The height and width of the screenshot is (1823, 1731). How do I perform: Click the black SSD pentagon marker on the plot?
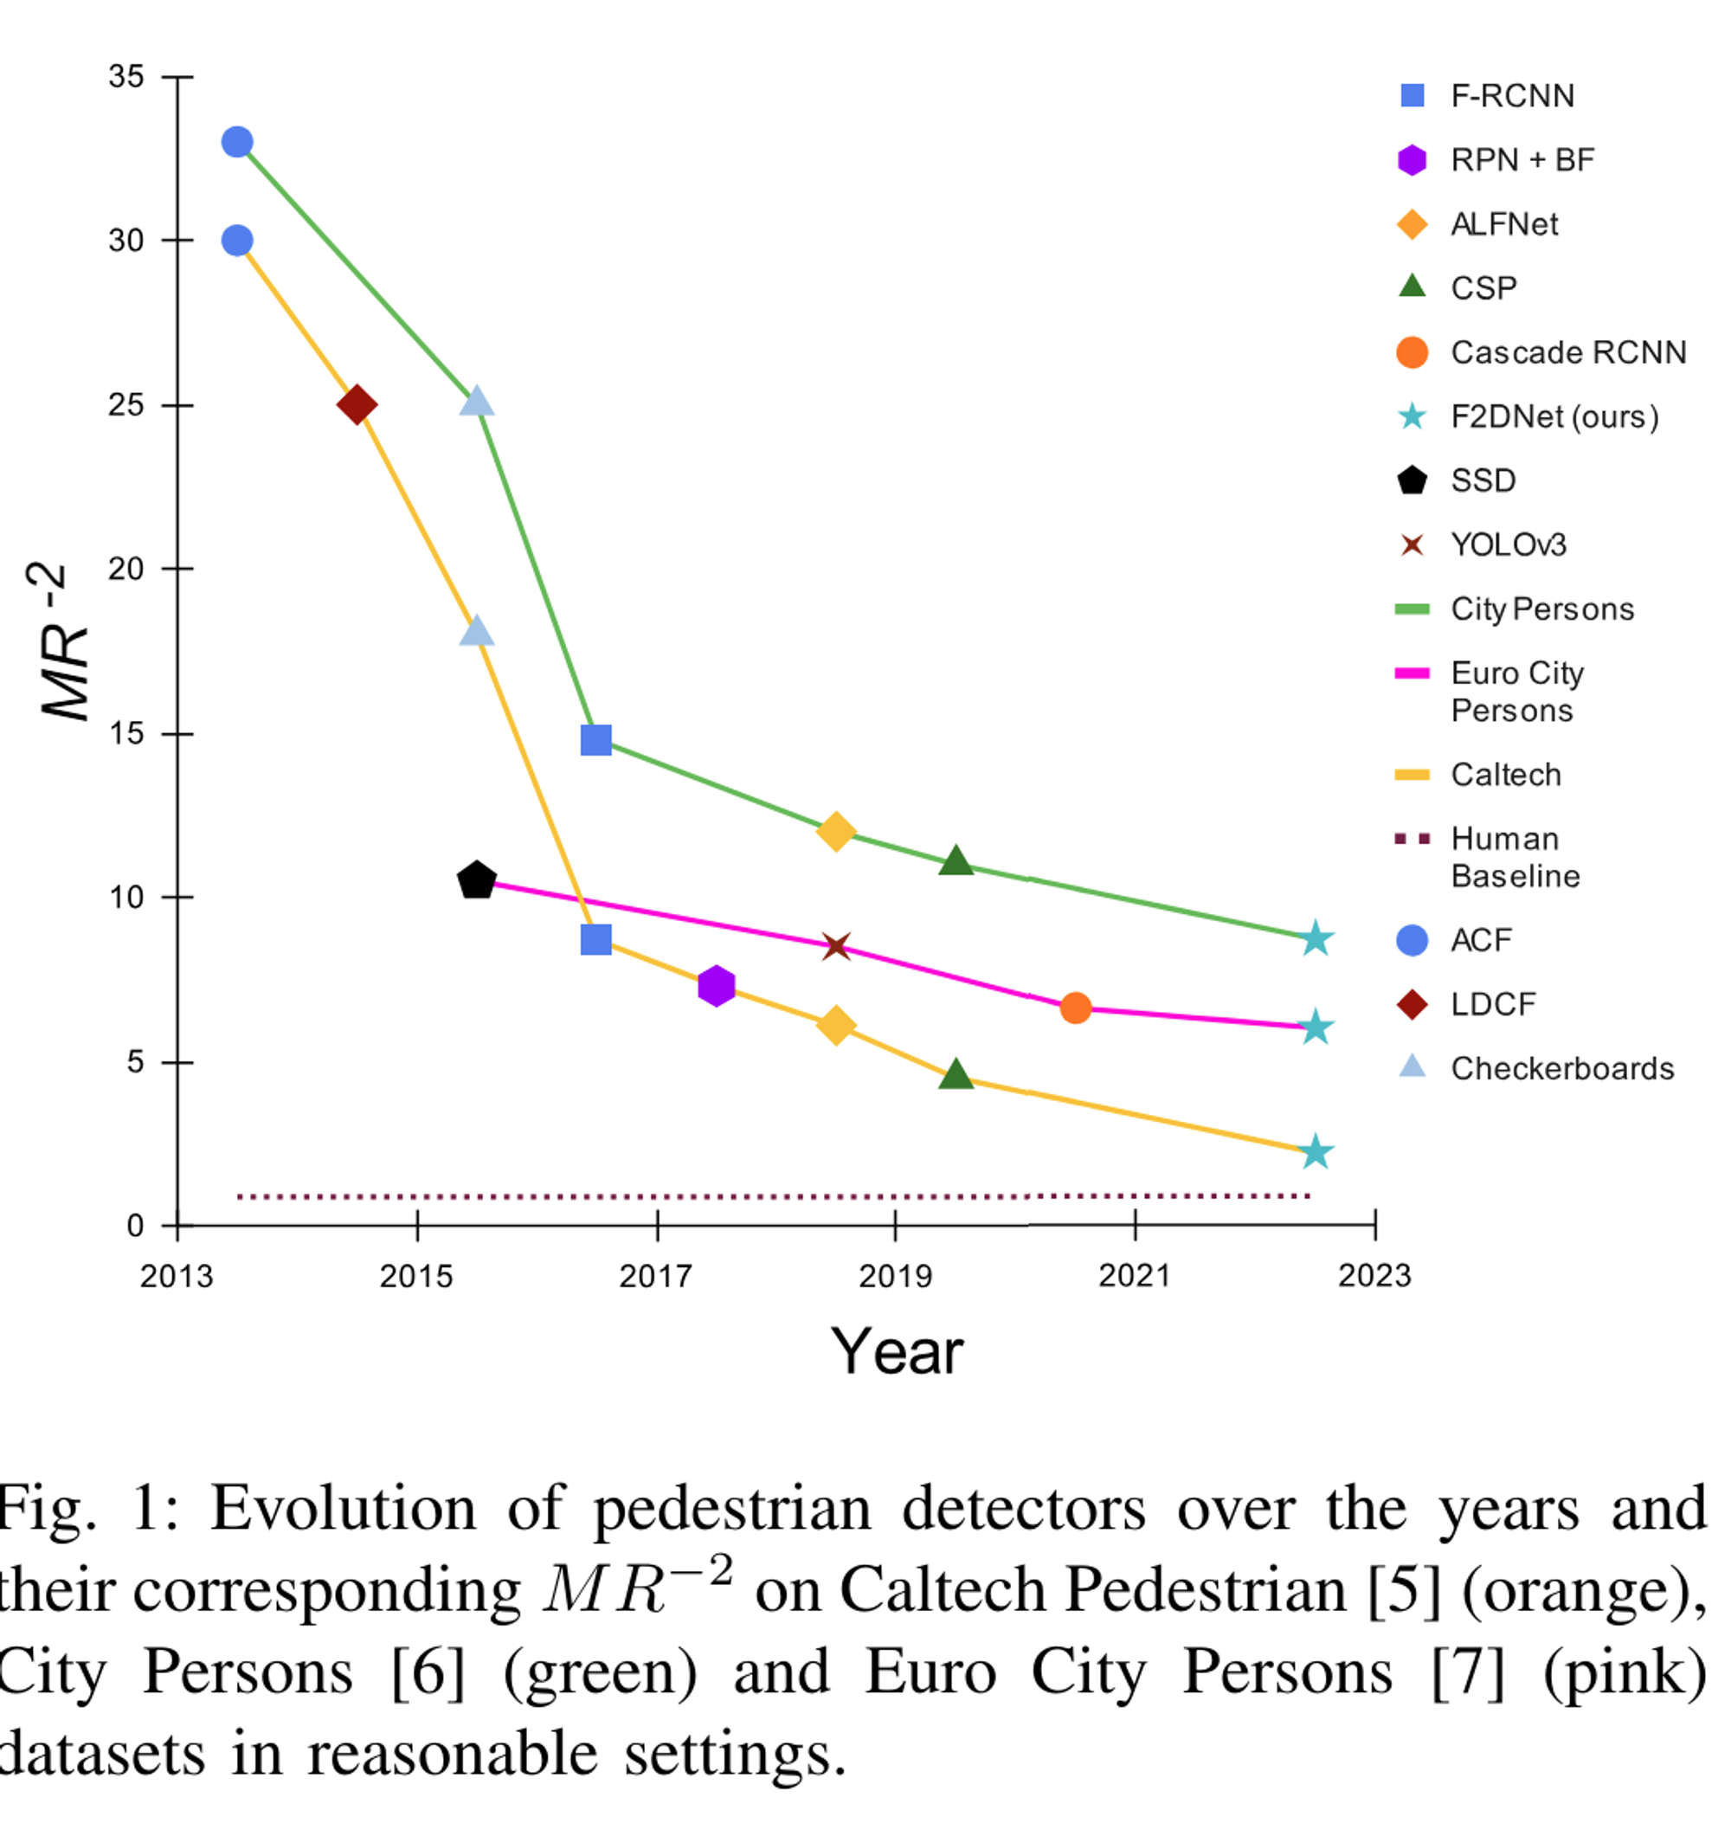[476, 880]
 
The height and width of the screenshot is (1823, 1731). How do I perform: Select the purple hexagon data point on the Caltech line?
[716, 986]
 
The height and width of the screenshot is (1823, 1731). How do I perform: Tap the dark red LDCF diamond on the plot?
[357, 404]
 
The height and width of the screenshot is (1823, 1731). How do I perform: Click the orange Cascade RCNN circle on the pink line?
[1075, 1008]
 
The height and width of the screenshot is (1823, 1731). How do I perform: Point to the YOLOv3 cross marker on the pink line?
[836, 946]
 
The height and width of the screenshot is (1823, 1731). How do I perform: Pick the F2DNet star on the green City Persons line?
[1315, 938]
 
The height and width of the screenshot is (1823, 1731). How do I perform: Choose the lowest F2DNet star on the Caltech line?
[1315, 1152]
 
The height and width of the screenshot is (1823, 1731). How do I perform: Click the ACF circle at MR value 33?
[237, 142]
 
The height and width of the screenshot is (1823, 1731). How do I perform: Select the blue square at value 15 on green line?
[596, 739]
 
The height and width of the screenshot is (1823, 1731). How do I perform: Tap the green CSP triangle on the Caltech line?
[956, 1074]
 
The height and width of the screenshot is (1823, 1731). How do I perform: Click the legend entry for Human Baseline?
[1514, 857]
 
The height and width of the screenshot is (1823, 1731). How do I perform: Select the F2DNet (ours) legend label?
[1554, 417]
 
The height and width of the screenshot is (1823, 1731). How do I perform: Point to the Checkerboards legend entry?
[1561, 1068]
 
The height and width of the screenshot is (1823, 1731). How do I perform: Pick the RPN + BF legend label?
[1522, 159]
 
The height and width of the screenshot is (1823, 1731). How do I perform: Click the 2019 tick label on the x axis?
[895, 1276]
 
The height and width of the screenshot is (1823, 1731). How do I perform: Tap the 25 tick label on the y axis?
[126, 404]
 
